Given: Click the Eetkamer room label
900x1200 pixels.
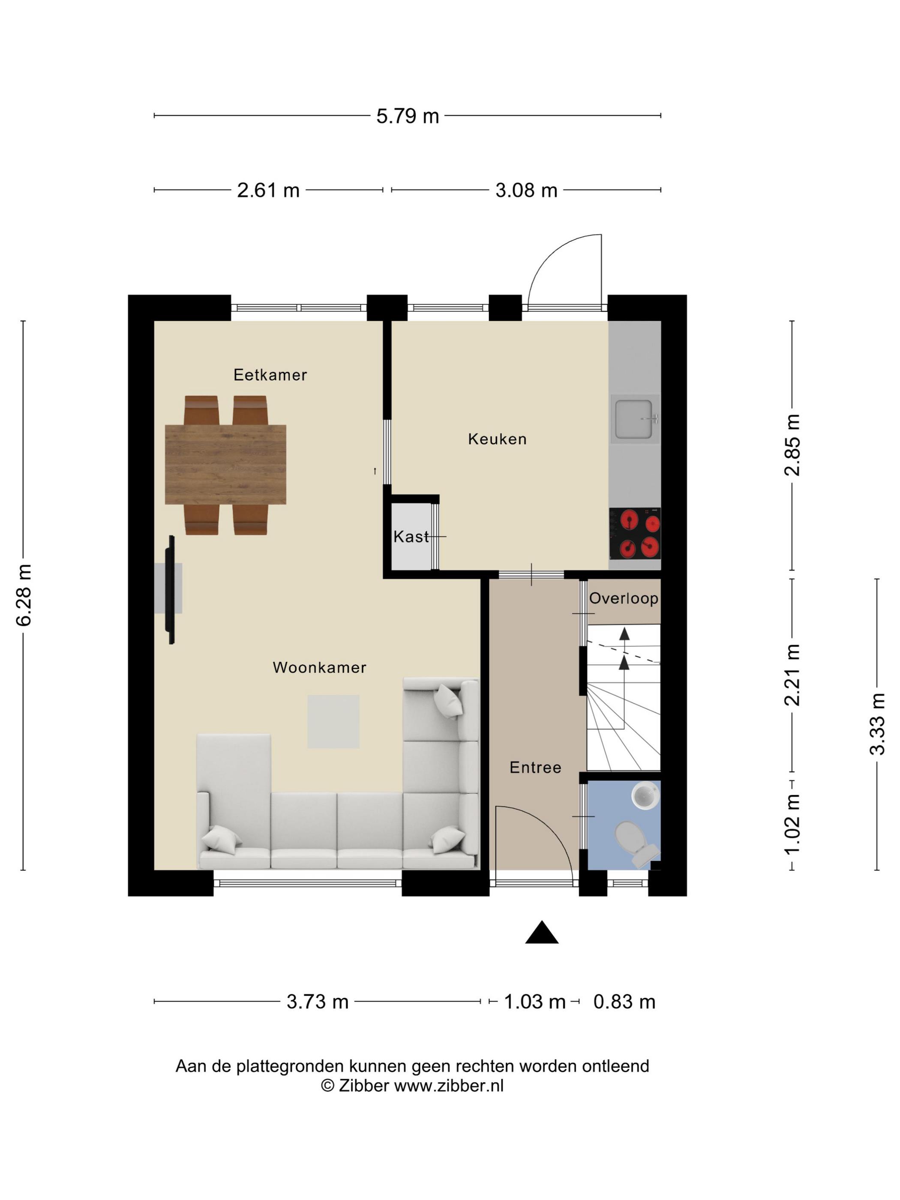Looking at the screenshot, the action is [x=270, y=375].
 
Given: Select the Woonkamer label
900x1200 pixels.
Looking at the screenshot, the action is [x=320, y=667].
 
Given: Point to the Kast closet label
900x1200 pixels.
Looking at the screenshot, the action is [x=411, y=537].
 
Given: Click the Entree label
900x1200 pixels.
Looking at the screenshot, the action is [x=535, y=767].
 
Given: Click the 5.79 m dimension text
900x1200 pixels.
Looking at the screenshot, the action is [x=408, y=116].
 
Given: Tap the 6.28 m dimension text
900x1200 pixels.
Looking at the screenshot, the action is [x=24, y=595].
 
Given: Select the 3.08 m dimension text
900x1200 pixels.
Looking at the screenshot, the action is [x=526, y=190].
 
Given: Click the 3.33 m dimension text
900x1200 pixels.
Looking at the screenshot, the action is [x=877, y=724].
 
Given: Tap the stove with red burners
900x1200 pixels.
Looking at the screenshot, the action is [x=635, y=533].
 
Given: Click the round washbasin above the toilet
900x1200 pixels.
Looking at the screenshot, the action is [x=645, y=796].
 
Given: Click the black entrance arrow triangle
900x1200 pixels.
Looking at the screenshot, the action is [x=541, y=933].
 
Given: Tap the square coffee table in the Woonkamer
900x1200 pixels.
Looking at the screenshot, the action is [x=333, y=722].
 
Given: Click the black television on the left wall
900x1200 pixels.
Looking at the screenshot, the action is [x=171, y=590].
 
